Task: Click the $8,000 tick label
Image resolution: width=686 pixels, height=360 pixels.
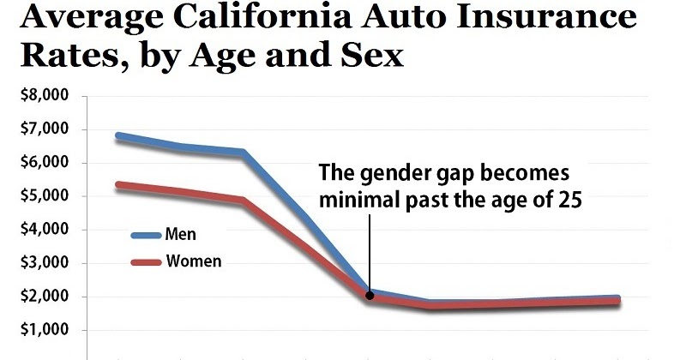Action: (x=43, y=95)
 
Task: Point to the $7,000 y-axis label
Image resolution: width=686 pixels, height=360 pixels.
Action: (x=43, y=129)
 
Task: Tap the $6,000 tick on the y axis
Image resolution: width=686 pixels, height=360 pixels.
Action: (x=43, y=162)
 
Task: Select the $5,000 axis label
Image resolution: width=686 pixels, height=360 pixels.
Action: (x=43, y=195)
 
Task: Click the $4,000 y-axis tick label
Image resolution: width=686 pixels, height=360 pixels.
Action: (x=43, y=229)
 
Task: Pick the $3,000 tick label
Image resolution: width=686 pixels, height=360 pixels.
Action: (x=43, y=262)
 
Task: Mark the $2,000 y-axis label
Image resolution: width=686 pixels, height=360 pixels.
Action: (x=43, y=296)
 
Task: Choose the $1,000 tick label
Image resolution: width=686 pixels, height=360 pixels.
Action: (x=43, y=329)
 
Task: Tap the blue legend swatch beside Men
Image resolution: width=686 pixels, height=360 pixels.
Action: (x=148, y=235)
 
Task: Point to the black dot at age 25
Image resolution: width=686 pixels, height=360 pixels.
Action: (x=370, y=296)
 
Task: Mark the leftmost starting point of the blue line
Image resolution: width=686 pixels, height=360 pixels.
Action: (x=118, y=136)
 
